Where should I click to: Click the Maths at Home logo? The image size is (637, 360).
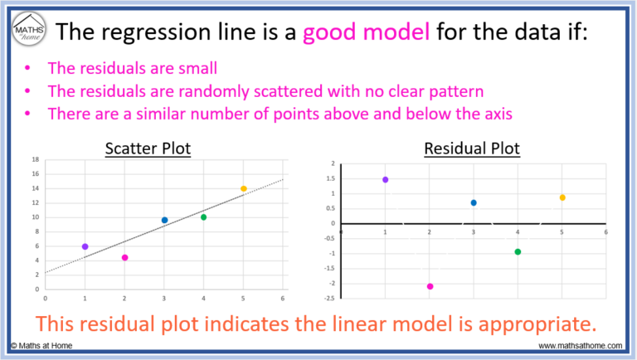(x=28, y=32)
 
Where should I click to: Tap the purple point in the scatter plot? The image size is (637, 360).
(x=85, y=246)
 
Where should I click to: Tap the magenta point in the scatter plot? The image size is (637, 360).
(x=124, y=258)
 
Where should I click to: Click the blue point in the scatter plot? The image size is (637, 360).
(x=164, y=220)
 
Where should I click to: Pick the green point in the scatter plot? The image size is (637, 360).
(x=203, y=217)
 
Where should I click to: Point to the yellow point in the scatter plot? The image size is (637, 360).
(x=243, y=188)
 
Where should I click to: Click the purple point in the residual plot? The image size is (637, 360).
(x=385, y=179)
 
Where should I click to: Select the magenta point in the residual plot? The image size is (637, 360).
(x=430, y=286)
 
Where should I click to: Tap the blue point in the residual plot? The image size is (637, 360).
(x=474, y=202)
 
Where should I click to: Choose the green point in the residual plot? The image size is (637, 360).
(x=518, y=251)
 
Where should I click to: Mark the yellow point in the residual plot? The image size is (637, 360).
(x=562, y=197)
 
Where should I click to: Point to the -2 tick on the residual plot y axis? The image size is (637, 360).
(x=333, y=283)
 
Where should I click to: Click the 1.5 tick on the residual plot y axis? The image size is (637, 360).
(x=331, y=178)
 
